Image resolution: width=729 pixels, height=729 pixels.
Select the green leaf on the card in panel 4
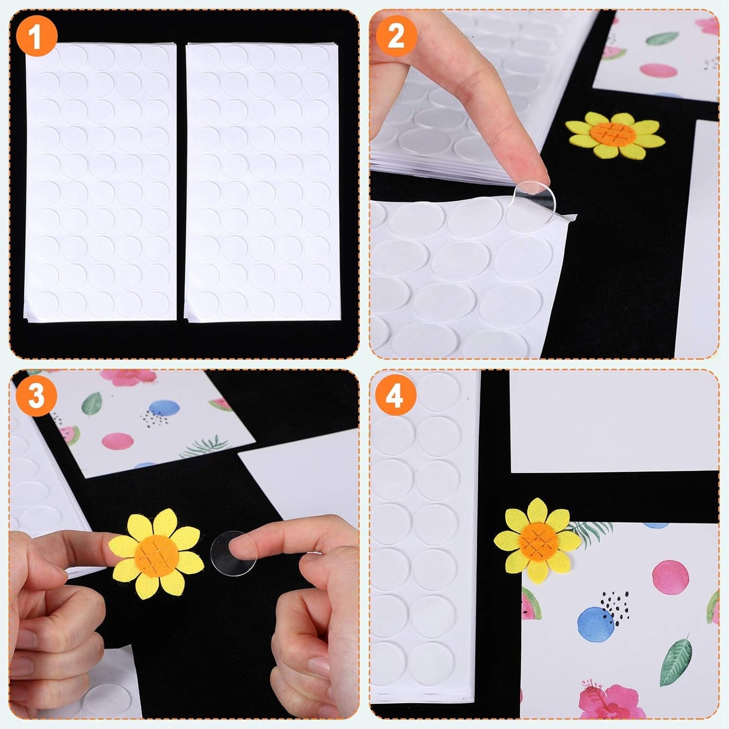(x=676, y=661)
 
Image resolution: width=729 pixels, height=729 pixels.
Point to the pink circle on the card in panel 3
(x=118, y=441)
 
